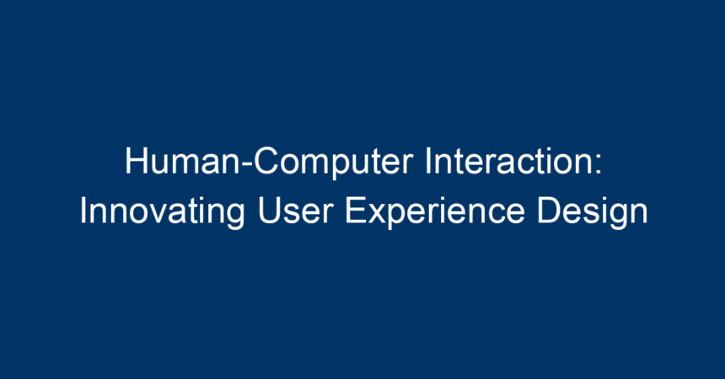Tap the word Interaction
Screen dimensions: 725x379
pos(508,161)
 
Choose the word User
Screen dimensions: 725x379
pos(295,211)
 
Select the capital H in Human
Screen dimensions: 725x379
pos(137,161)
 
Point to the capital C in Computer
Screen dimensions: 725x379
pos(267,161)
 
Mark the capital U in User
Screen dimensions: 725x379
pos(269,211)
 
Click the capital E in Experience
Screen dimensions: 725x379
pos(356,211)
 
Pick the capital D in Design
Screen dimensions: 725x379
pos(549,211)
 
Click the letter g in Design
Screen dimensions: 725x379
pos(617,217)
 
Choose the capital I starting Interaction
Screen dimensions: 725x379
pos(428,161)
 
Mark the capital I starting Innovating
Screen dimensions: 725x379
pos(83,211)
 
